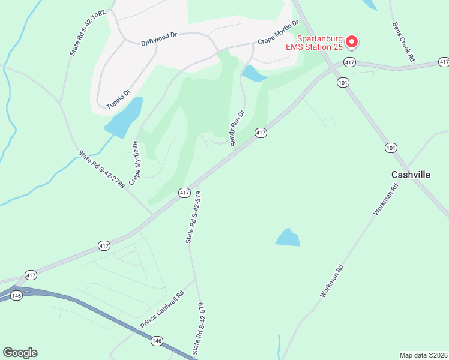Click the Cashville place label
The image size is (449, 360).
[411, 174]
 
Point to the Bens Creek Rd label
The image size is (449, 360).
[403, 42]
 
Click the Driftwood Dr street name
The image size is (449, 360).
[158, 39]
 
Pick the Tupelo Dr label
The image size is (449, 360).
[118, 100]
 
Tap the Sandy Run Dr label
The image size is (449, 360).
[237, 127]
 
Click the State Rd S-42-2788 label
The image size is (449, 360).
[101, 170]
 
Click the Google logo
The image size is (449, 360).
[20, 353]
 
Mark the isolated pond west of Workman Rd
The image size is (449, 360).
[288, 238]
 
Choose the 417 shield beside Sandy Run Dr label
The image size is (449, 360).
[260, 133]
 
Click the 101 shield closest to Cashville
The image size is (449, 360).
[391, 148]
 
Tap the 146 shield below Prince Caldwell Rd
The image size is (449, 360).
[157, 340]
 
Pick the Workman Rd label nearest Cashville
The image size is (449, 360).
[386, 199]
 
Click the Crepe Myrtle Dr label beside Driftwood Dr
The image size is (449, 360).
[278, 32]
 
